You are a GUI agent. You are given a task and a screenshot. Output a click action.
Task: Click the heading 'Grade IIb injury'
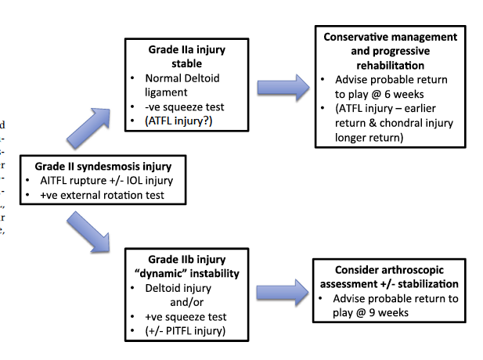tap(186, 259)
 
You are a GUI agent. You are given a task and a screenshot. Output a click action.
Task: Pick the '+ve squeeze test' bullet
tap(186, 316)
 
